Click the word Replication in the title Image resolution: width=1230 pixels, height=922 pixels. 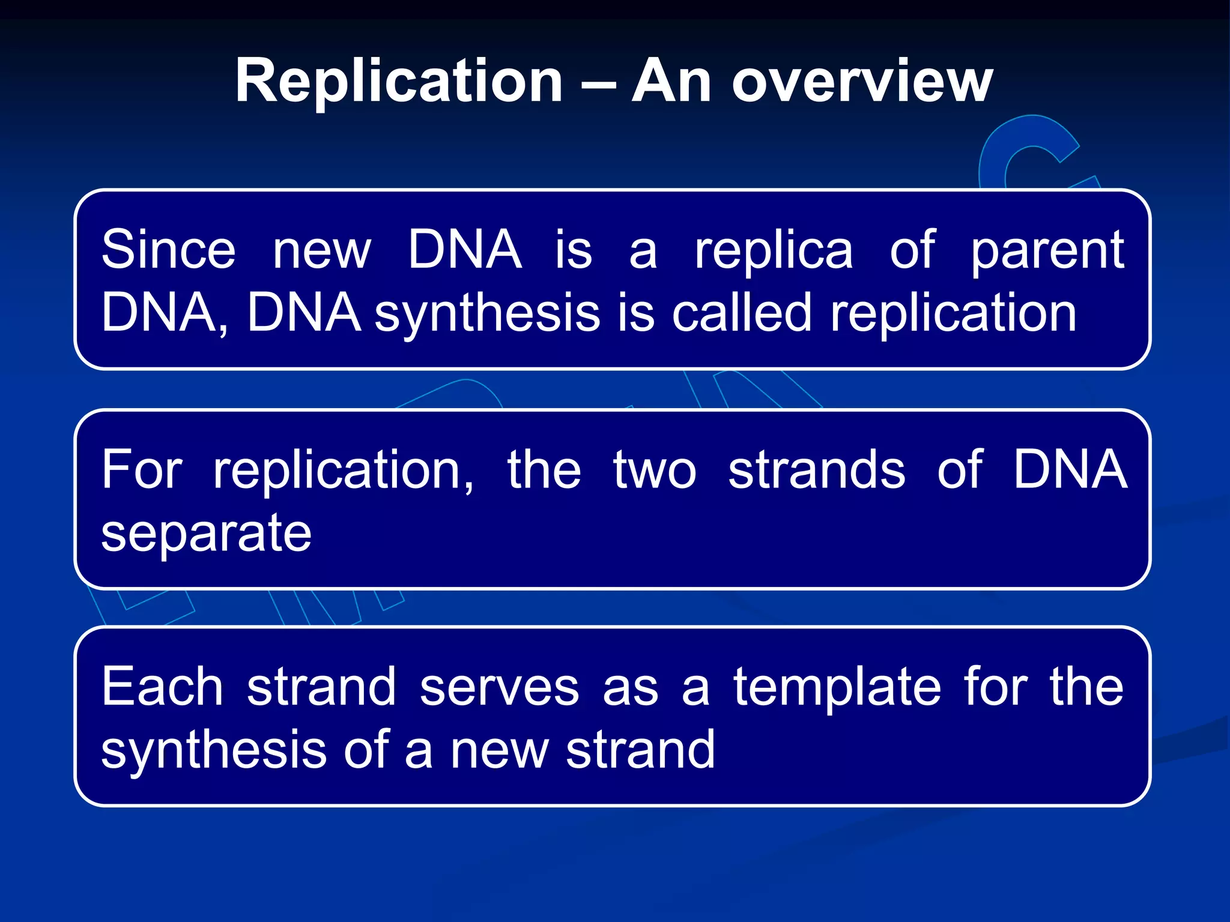pos(399,81)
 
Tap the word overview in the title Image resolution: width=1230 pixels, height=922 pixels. pos(862,81)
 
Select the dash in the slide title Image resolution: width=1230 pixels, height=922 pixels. pos(598,84)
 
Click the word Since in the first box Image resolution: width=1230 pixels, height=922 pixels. pos(168,250)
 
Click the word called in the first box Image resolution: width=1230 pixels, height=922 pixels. pos(742,313)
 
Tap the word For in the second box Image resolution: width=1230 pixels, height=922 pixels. pos(142,470)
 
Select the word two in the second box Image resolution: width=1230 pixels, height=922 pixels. pos(655,470)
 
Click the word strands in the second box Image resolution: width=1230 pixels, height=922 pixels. pos(817,470)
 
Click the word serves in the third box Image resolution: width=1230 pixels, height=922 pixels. pos(499,688)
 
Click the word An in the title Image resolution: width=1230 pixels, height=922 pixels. pos(671,81)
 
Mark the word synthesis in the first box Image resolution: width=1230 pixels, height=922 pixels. pos(487,314)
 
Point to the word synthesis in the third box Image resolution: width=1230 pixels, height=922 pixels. pos(214,752)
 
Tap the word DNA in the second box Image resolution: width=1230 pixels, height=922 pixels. pos(1070,470)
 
